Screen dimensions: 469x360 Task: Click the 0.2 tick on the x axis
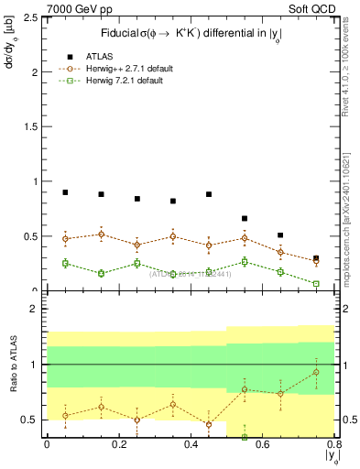[x=118, y=445]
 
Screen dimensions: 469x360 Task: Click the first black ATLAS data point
[x=65, y=192]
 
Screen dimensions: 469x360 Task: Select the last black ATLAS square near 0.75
[x=316, y=259]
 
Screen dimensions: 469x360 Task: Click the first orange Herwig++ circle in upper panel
[x=65, y=239]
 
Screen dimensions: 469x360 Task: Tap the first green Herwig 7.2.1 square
[x=65, y=264]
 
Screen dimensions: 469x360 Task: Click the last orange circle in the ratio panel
[x=316, y=372]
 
